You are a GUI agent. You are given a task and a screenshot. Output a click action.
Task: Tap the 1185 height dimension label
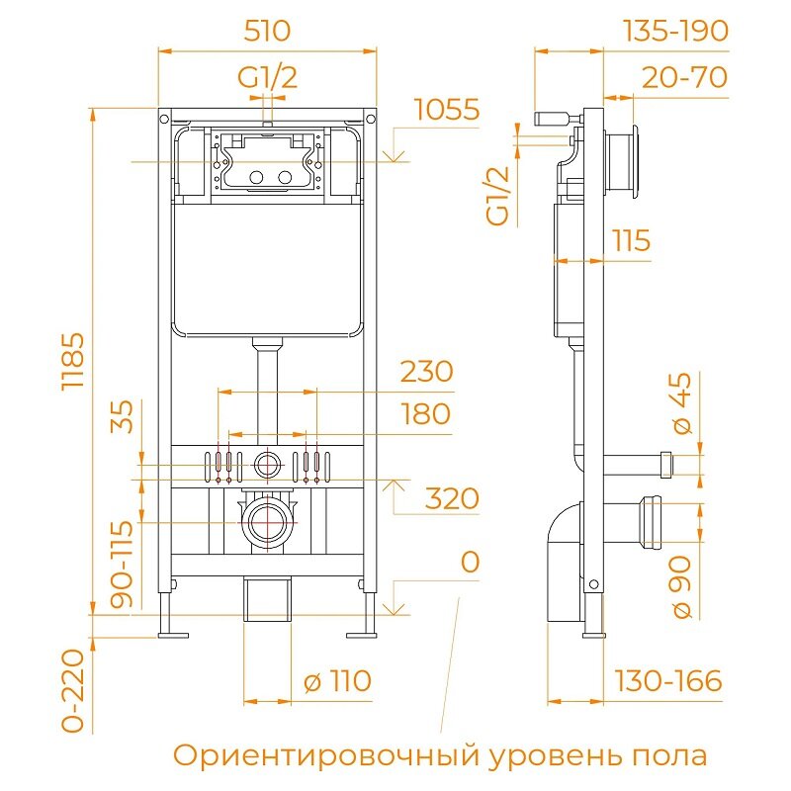(x=76, y=362)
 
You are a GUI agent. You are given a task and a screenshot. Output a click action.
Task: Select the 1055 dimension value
(x=446, y=110)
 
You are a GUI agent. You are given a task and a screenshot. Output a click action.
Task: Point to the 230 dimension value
(x=426, y=372)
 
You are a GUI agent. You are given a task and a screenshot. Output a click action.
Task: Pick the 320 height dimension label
(x=452, y=498)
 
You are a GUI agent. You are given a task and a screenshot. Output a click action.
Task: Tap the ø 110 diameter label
(x=337, y=681)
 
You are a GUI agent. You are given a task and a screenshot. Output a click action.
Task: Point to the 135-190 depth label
(x=674, y=31)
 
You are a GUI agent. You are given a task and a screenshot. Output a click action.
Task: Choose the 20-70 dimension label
(x=683, y=76)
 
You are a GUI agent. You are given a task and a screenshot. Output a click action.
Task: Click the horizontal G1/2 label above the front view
(x=267, y=77)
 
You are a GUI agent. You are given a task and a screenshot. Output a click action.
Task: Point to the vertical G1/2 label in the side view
(x=501, y=195)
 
